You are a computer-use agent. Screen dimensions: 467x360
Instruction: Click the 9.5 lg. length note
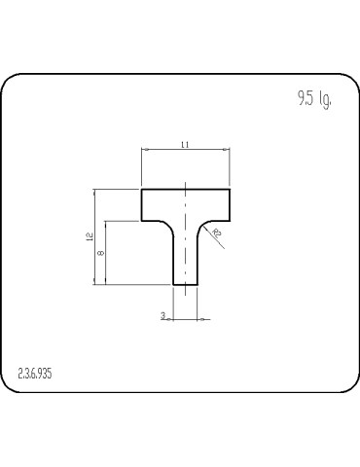(x=314, y=100)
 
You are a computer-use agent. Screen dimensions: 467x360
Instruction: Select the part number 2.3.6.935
(x=35, y=373)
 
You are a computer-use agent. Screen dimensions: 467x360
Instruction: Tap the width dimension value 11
(x=185, y=145)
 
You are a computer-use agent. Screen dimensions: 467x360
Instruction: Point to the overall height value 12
(x=89, y=236)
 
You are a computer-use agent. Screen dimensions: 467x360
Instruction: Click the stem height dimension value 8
(x=101, y=253)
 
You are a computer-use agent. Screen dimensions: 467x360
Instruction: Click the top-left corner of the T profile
(x=142, y=189)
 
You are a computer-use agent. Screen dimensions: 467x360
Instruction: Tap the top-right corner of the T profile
(x=231, y=189)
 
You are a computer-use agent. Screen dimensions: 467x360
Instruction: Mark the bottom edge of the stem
(x=185, y=284)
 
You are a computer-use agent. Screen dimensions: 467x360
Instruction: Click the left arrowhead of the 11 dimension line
(x=145, y=150)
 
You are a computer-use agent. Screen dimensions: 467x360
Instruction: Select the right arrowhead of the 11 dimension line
(x=228, y=150)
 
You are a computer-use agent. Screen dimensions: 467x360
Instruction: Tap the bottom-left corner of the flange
(x=142, y=221)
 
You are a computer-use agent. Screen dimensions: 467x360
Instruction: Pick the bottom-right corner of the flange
(x=231, y=221)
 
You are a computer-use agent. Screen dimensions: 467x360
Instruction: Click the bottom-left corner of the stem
(x=173, y=284)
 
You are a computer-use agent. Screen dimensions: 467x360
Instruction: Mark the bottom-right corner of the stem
(x=198, y=284)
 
